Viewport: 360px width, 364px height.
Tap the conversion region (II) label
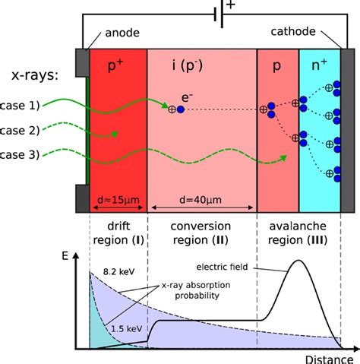[201, 234]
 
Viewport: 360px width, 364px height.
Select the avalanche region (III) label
[298, 234]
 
